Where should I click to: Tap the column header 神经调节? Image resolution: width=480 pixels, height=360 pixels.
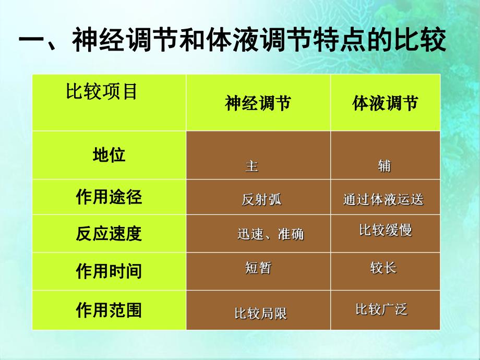pos(258,103)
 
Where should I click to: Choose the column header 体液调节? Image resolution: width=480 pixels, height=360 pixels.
pos(385,103)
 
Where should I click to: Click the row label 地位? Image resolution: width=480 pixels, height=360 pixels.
pos(109,155)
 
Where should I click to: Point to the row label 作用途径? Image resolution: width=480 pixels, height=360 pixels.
pos(109,197)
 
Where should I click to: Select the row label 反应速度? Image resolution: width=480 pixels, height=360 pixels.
pos(109,234)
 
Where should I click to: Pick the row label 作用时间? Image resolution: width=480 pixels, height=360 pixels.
pos(109,271)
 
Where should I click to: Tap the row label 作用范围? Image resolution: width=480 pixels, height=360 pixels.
pos(109,311)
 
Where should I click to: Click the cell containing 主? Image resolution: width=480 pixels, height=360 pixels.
pos(251,166)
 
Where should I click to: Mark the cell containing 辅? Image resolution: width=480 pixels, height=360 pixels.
pos(384,166)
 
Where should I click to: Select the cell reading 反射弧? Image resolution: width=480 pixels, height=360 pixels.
pos(261,199)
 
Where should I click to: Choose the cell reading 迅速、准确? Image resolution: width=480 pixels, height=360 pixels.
pos(270,234)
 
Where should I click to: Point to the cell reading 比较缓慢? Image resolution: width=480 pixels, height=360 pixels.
pos(385,230)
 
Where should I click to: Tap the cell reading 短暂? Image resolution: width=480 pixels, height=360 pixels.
pos(258,268)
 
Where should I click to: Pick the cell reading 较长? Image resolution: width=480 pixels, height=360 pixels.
pos(383,268)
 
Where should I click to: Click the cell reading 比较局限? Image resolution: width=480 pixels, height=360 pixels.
pos(260,314)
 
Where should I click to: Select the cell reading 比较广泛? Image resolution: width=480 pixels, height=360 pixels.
pos(381,309)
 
